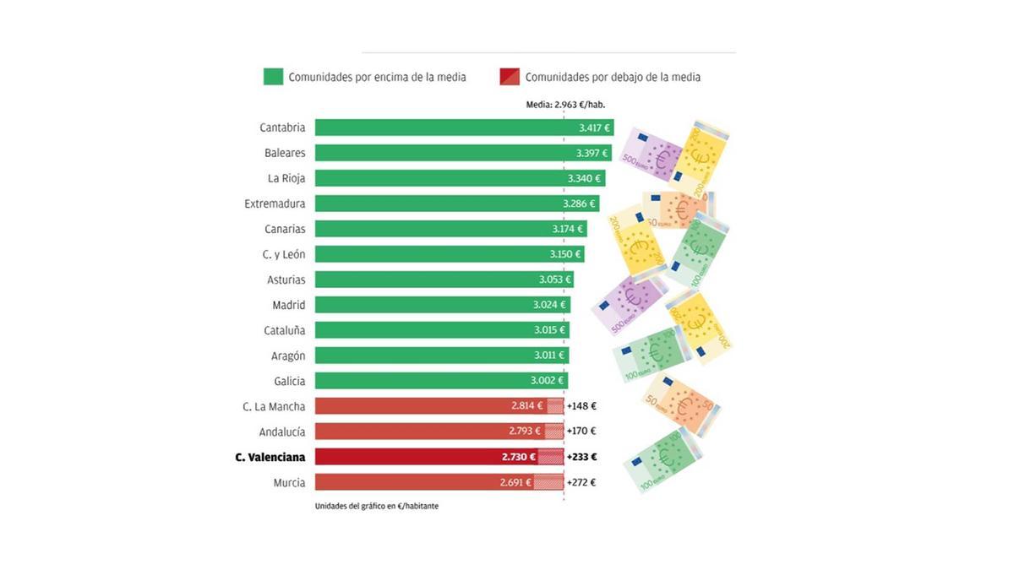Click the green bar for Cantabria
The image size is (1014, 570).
point(439,128)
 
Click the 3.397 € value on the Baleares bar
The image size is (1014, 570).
point(592,153)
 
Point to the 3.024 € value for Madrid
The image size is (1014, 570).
point(551,305)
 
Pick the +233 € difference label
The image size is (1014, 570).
point(581,457)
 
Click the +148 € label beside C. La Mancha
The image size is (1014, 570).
point(581,406)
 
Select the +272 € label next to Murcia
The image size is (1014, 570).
point(581,482)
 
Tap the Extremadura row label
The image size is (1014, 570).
point(275,204)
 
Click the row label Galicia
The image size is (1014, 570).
point(289,381)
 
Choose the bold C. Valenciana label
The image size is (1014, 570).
point(270,457)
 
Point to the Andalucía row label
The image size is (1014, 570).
point(282,432)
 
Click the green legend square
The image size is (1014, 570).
point(273,77)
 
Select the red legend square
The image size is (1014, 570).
point(510,77)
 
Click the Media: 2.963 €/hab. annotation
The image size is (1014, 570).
point(565,105)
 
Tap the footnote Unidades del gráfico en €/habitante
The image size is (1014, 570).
point(376,506)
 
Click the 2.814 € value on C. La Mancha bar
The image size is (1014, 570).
point(527,406)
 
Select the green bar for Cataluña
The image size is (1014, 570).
point(422,330)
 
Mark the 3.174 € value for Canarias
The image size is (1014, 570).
point(569,229)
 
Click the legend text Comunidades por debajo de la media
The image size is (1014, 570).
point(613,77)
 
